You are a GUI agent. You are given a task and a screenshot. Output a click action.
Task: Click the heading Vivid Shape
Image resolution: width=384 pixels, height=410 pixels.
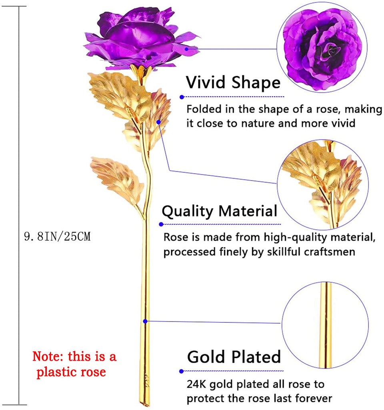233,82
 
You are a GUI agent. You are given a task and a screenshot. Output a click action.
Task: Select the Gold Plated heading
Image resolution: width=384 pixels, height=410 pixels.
234,357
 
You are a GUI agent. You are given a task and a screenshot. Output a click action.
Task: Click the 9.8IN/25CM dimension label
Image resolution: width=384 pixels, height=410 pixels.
57,236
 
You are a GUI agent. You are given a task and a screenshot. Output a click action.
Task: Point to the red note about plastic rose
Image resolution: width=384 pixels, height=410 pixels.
74,364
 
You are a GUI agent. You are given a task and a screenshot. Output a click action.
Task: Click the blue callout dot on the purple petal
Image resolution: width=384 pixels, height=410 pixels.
186,49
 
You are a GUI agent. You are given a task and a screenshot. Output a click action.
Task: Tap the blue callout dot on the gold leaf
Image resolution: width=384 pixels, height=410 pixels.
158,122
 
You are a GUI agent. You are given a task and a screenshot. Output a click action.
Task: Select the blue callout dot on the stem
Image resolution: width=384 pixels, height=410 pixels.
145,321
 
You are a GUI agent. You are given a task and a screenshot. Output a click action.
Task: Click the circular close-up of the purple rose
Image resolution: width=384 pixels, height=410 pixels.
322,47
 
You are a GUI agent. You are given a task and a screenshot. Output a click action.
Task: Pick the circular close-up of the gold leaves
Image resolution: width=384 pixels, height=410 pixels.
323,185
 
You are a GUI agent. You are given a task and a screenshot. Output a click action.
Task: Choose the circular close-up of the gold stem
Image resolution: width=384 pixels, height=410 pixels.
325,325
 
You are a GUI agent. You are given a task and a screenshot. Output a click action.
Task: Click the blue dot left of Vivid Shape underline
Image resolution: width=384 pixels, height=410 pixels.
182,97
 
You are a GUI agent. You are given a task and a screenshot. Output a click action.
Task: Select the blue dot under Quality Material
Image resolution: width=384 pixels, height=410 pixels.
161,224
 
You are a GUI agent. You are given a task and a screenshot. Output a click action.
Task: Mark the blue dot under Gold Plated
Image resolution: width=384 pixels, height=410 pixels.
182,371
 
